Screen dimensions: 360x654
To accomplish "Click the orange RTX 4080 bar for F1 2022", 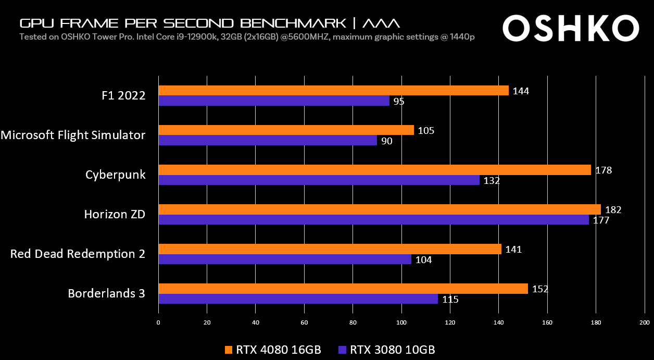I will pos(333,91).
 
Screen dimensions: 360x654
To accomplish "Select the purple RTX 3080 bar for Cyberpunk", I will pos(319,180).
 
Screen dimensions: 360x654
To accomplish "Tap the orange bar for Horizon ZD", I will pos(379,209).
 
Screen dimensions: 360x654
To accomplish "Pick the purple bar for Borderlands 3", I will pos(298,299).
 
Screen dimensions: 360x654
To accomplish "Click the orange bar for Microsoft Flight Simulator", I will pos(286,130).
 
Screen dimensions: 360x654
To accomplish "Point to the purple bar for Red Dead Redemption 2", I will pos(284,259).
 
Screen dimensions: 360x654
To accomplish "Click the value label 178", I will pos(604,170).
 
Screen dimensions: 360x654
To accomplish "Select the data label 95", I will pos(399,102).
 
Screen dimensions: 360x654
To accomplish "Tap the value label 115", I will pos(450,300).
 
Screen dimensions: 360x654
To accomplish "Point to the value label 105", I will pos(426,130).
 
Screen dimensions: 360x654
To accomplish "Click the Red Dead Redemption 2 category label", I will pos(78,254).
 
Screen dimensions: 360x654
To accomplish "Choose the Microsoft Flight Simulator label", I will pos(73,135).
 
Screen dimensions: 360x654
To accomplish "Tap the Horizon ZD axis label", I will pos(115,214).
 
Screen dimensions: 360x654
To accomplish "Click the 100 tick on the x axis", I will pos(401,322).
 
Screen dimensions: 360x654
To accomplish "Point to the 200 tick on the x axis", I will pos(645,322).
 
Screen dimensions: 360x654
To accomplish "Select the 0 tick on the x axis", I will pos(158,322).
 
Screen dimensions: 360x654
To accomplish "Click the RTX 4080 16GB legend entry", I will pos(273,349).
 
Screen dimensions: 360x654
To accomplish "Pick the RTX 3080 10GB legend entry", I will pos(386,349).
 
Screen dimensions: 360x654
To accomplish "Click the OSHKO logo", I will pos(570,28).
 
